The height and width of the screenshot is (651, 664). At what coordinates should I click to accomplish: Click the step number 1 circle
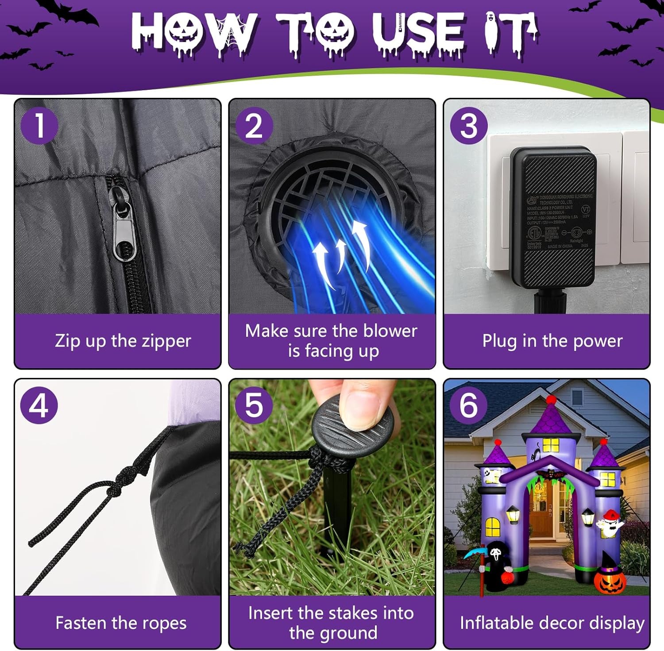click(39, 125)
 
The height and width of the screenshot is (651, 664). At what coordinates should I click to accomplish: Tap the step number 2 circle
click(254, 125)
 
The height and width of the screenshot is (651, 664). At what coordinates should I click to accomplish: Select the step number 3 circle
click(469, 125)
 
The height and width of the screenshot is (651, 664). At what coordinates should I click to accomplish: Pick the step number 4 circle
click(39, 405)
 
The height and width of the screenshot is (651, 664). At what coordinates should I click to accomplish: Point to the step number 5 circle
click(254, 405)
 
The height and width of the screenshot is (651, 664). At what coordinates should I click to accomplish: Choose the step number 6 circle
click(469, 405)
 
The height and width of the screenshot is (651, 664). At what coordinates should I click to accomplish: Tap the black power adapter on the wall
click(553, 217)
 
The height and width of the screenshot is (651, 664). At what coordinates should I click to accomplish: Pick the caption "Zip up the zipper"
click(123, 341)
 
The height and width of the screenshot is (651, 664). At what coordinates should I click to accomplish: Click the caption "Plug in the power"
click(552, 341)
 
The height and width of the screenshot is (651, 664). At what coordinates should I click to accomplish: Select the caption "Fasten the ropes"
click(121, 623)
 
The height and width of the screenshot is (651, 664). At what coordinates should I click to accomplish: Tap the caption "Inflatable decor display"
click(552, 623)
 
